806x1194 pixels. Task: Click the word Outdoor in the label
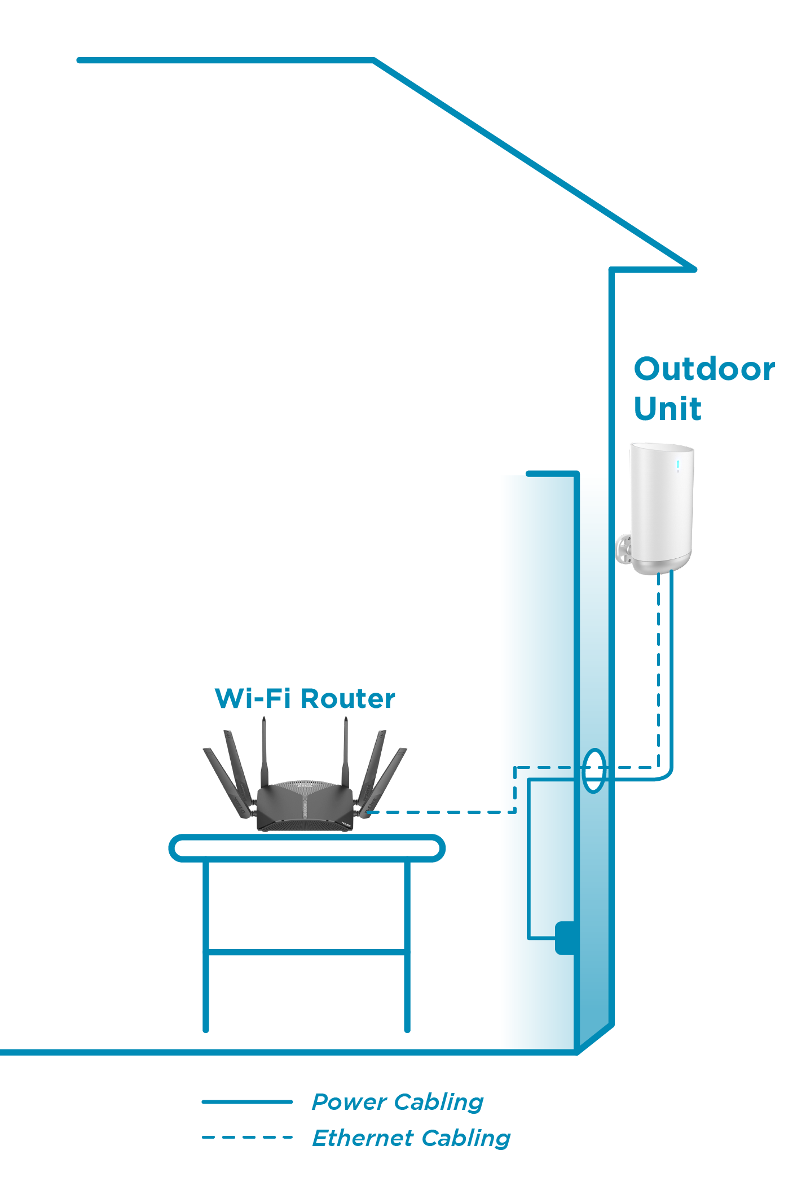(x=704, y=369)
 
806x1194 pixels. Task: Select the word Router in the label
(x=348, y=699)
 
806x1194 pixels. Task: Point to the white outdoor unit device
(x=661, y=502)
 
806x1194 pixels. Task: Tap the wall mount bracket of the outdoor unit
(x=624, y=548)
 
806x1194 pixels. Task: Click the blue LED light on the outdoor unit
(x=677, y=465)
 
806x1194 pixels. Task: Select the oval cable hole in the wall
(x=593, y=771)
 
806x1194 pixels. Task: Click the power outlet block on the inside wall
(x=565, y=938)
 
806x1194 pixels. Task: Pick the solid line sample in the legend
(x=247, y=1101)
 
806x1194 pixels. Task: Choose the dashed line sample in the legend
(x=247, y=1137)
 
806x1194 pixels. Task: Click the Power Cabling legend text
(x=398, y=1102)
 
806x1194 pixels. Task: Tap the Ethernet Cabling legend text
(x=411, y=1138)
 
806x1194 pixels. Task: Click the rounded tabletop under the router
(x=307, y=848)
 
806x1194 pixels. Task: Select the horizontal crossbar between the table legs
(x=307, y=952)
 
